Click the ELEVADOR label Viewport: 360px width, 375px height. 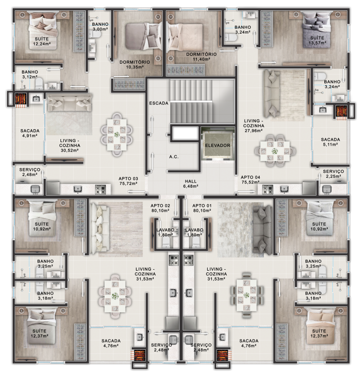pyautogui.click(x=217, y=146)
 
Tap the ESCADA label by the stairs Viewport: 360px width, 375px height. pyautogui.click(x=158, y=103)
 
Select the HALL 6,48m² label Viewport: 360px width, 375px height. pyautogui.click(x=191, y=184)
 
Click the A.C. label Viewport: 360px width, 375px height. pyautogui.click(x=174, y=157)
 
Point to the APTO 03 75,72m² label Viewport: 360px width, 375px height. pyautogui.click(x=128, y=181)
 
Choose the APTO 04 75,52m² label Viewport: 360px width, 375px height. pyautogui.click(x=250, y=180)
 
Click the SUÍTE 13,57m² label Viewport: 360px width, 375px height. pyautogui.click(x=317, y=40)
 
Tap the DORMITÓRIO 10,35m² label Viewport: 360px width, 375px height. pyautogui.click(x=135, y=65)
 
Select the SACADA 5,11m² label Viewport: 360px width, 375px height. pyautogui.click(x=330, y=142)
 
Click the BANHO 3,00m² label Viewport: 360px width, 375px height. pyautogui.click(x=100, y=27)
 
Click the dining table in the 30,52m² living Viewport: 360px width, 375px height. pyautogui.click(x=117, y=135)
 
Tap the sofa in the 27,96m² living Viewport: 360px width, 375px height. pyautogui.click(x=271, y=94)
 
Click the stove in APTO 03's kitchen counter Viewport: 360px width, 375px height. pyautogui.click(x=100, y=189)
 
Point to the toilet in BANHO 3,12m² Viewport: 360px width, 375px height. pyautogui.click(x=39, y=83)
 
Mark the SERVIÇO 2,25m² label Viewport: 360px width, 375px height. pyautogui.click(x=333, y=174)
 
